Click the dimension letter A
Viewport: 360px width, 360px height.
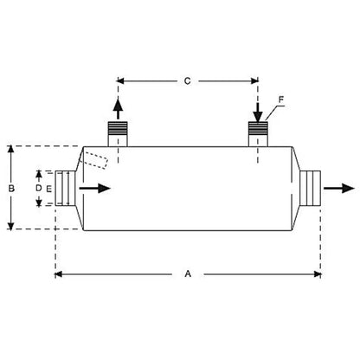click(x=188, y=273)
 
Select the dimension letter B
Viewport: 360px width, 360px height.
click(x=11, y=189)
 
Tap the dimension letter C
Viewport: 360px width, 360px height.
click(x=188, y=81)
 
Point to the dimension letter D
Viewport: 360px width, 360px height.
click(x=38, y=188)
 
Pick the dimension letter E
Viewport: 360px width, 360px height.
click(x=49, y=189)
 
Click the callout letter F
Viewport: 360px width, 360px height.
click(x=281, y=100)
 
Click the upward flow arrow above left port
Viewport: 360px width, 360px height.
click(x=118, y=109)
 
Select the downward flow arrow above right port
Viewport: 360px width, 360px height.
click(x=258, y=112)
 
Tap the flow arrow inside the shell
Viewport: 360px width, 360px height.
click(x=94, y=189)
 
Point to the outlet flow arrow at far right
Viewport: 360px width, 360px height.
click(x=339, y=188)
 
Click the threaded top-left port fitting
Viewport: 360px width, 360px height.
click(x=118, y=134)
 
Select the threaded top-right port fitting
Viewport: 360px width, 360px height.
click(x=258, y=134)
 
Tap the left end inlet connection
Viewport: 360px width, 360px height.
click(x=66, y=188)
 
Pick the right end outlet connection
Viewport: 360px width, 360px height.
click(x=310, y=188)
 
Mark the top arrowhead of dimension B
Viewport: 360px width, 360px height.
click(x=11, y=149)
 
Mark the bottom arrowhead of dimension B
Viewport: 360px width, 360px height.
click(x=11, y=227)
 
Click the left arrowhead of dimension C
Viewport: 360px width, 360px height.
click(x=120, y=81)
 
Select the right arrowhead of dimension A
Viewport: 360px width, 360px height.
click(x=318, y=274)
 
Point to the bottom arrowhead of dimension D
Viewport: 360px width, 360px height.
click(x=39, y=203)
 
